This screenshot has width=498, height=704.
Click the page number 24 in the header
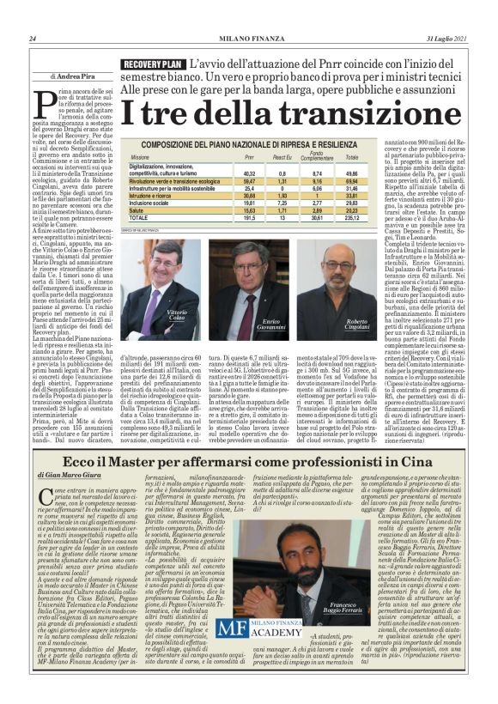32,38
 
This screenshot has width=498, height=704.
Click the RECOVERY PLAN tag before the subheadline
152,65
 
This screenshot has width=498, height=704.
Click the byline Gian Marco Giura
74,474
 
